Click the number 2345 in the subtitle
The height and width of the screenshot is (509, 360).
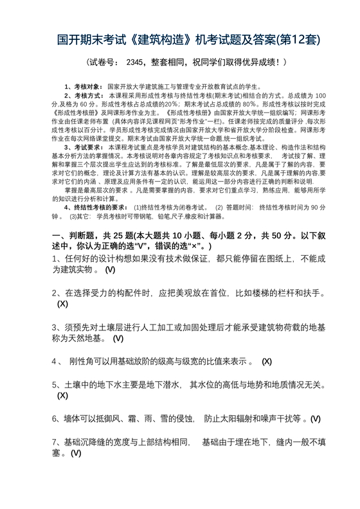tap(137, 63)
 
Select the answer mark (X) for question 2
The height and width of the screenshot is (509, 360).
tap(62, 303)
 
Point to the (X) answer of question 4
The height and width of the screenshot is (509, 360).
tap(266, 361)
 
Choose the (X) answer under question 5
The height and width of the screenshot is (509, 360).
tap(62, 395)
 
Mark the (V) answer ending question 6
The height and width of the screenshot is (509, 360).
tap(315, 419)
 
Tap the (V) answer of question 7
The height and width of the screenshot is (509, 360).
tap(76, 453)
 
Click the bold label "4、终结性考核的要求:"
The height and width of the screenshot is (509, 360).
tap(97, 208)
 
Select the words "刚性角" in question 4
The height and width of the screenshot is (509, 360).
tap(81, 361)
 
